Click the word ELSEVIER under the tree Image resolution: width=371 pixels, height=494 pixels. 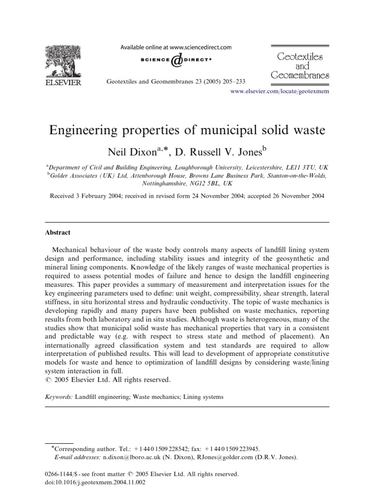point(63,82)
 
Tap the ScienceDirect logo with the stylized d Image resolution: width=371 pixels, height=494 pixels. point(176,60)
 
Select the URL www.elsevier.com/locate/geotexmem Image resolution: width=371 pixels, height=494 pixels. point(277,92)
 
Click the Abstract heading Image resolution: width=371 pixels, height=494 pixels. point(57,232)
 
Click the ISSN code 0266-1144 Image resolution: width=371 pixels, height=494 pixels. point(60,474)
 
